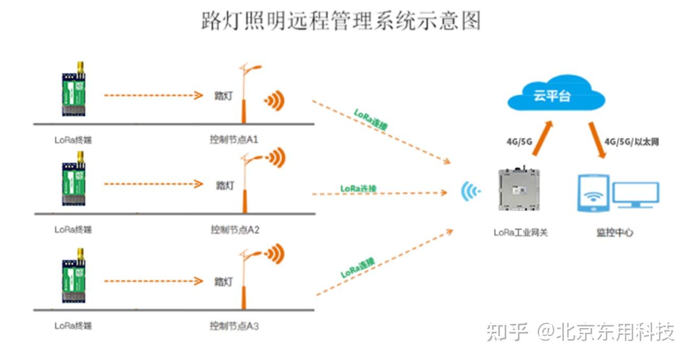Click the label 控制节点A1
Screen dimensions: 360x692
[234, 140]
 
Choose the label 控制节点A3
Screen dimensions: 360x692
[234, 326]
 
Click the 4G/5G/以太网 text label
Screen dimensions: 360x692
[632, 142]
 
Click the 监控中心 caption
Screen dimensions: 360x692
[615, 232]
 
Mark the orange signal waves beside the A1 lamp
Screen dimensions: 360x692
[274, 100]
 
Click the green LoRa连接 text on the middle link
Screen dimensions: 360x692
[359, 188]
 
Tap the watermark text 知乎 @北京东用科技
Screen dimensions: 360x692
[580, 332]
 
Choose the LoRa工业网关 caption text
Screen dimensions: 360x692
[520, 232]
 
